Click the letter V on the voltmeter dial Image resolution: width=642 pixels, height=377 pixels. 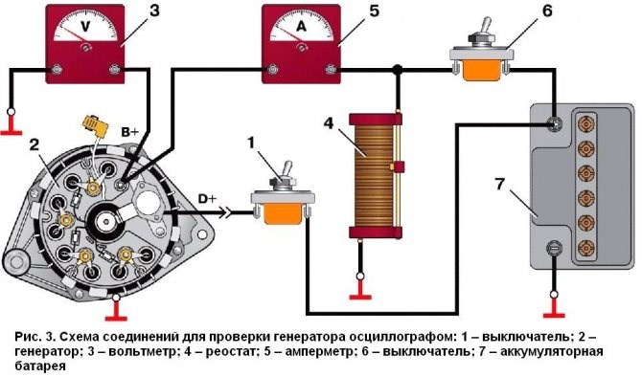(85, 27)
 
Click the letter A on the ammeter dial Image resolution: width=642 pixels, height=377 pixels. (301, 27)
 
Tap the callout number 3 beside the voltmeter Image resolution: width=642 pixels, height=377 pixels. (154, 11)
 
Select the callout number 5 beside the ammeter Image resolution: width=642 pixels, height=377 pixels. (374, 11)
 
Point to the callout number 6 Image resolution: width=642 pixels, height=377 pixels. (547, 11)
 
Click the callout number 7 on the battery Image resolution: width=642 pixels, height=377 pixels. (499, 185)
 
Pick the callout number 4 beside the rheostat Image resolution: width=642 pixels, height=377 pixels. (329, 123)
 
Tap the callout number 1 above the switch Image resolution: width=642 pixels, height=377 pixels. (251, 144)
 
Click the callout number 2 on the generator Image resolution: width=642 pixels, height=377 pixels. (34, 145)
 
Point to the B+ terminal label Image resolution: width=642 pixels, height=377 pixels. (129, 132)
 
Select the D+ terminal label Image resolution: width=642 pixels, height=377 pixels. (207, 199)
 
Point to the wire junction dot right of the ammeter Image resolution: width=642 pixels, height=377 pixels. (396, 70)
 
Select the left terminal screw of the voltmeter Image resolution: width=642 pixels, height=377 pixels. (57, 70)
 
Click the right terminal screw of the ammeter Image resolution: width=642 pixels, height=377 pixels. (331, 70)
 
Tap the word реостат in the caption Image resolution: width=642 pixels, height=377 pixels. (226, 352)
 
